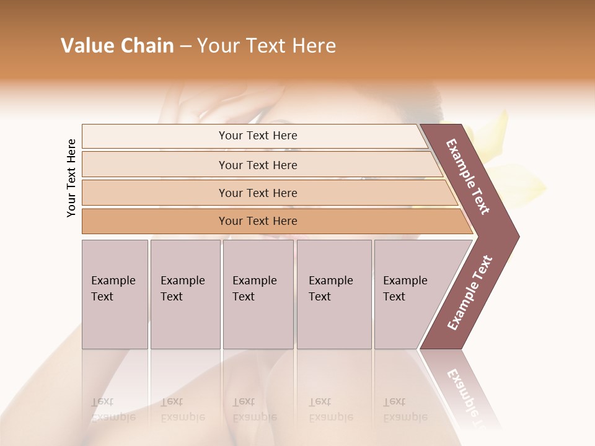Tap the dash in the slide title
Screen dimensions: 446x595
(x=185, y=46)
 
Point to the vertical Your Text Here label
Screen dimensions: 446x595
(x=71, y=178)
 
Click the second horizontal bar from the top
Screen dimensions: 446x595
(x=258, y=165)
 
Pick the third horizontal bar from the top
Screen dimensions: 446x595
(x=258, y=193)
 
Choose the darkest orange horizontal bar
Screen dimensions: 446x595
(x=258, y=221)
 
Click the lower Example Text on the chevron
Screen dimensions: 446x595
(x=470, y=292)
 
